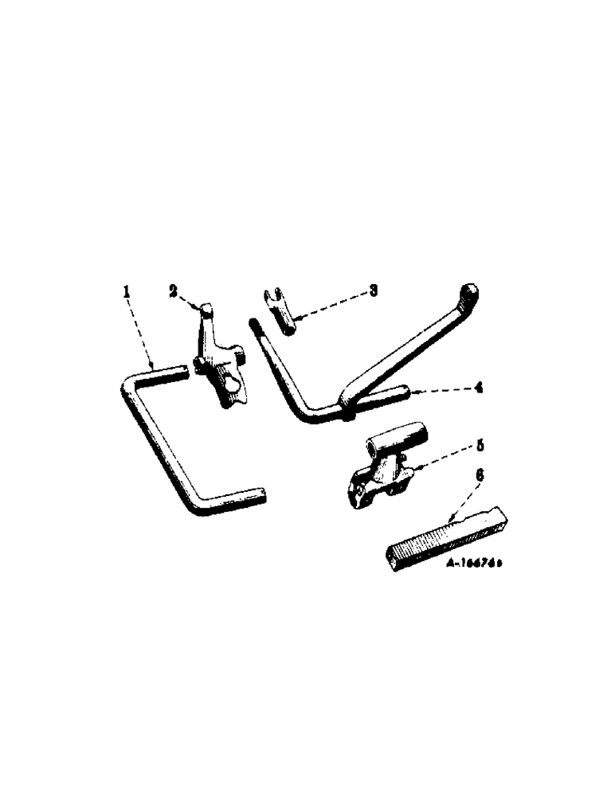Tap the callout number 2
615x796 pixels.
point(173,291)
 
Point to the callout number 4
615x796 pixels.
point(478,388)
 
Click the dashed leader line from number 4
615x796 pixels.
point(442,389)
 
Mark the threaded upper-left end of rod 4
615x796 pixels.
point(256,326)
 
